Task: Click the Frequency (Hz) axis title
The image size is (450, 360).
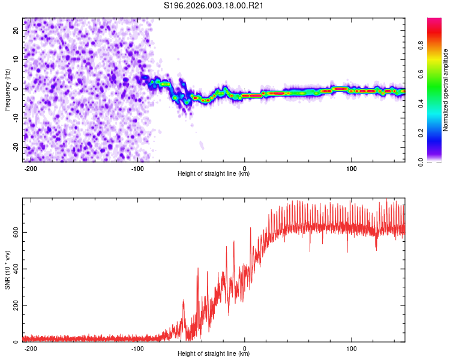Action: (x=7, y=89)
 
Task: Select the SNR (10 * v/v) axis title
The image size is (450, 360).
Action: (x=7, y=270)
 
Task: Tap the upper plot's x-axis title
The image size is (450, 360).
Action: (x=214, y=173)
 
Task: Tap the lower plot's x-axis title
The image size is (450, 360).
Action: (x=214, y=353)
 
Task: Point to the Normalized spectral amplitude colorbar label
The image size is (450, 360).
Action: (x=446, y=89)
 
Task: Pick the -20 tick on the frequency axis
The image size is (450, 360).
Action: (x=14, y=148)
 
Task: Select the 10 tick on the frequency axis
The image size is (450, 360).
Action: (x=16, y=60)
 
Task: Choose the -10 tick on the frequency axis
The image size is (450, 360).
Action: (x=14, y=118)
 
